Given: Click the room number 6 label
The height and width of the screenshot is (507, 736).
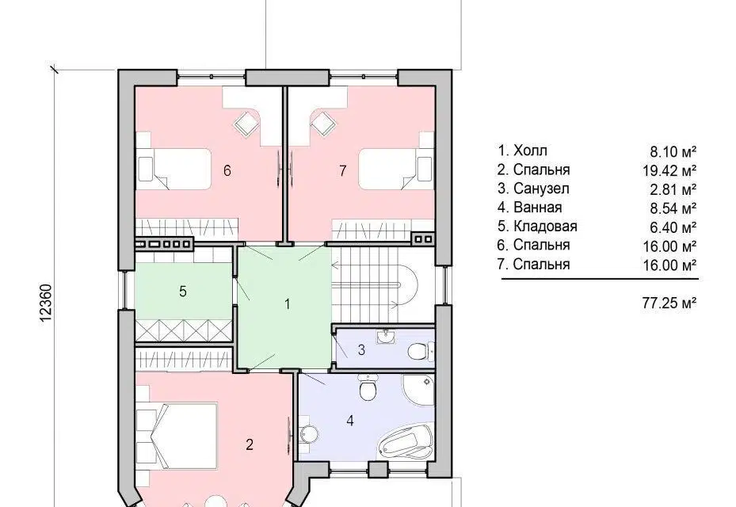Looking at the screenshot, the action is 227,170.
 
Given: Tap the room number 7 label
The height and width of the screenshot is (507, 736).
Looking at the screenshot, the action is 343,170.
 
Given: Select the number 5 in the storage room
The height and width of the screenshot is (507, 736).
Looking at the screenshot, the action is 182,291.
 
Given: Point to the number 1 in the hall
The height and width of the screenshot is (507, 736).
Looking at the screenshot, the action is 288,304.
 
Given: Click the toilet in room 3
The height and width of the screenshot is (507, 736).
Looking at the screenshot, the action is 418,351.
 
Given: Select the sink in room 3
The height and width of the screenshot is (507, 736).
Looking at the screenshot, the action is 386,336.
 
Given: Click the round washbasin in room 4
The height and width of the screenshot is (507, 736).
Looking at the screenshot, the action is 307,434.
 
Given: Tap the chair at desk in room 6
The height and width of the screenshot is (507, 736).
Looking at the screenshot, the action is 247,124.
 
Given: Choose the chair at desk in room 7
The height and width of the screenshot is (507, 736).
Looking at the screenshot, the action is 324,123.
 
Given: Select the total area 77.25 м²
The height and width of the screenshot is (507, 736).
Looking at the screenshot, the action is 669,303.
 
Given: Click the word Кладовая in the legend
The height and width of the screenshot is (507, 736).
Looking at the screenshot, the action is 545,227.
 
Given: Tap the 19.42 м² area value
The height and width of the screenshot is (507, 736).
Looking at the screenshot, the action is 669,170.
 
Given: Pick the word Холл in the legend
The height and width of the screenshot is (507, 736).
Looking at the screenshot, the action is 530,151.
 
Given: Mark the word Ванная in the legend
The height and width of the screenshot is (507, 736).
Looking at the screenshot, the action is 537,207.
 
